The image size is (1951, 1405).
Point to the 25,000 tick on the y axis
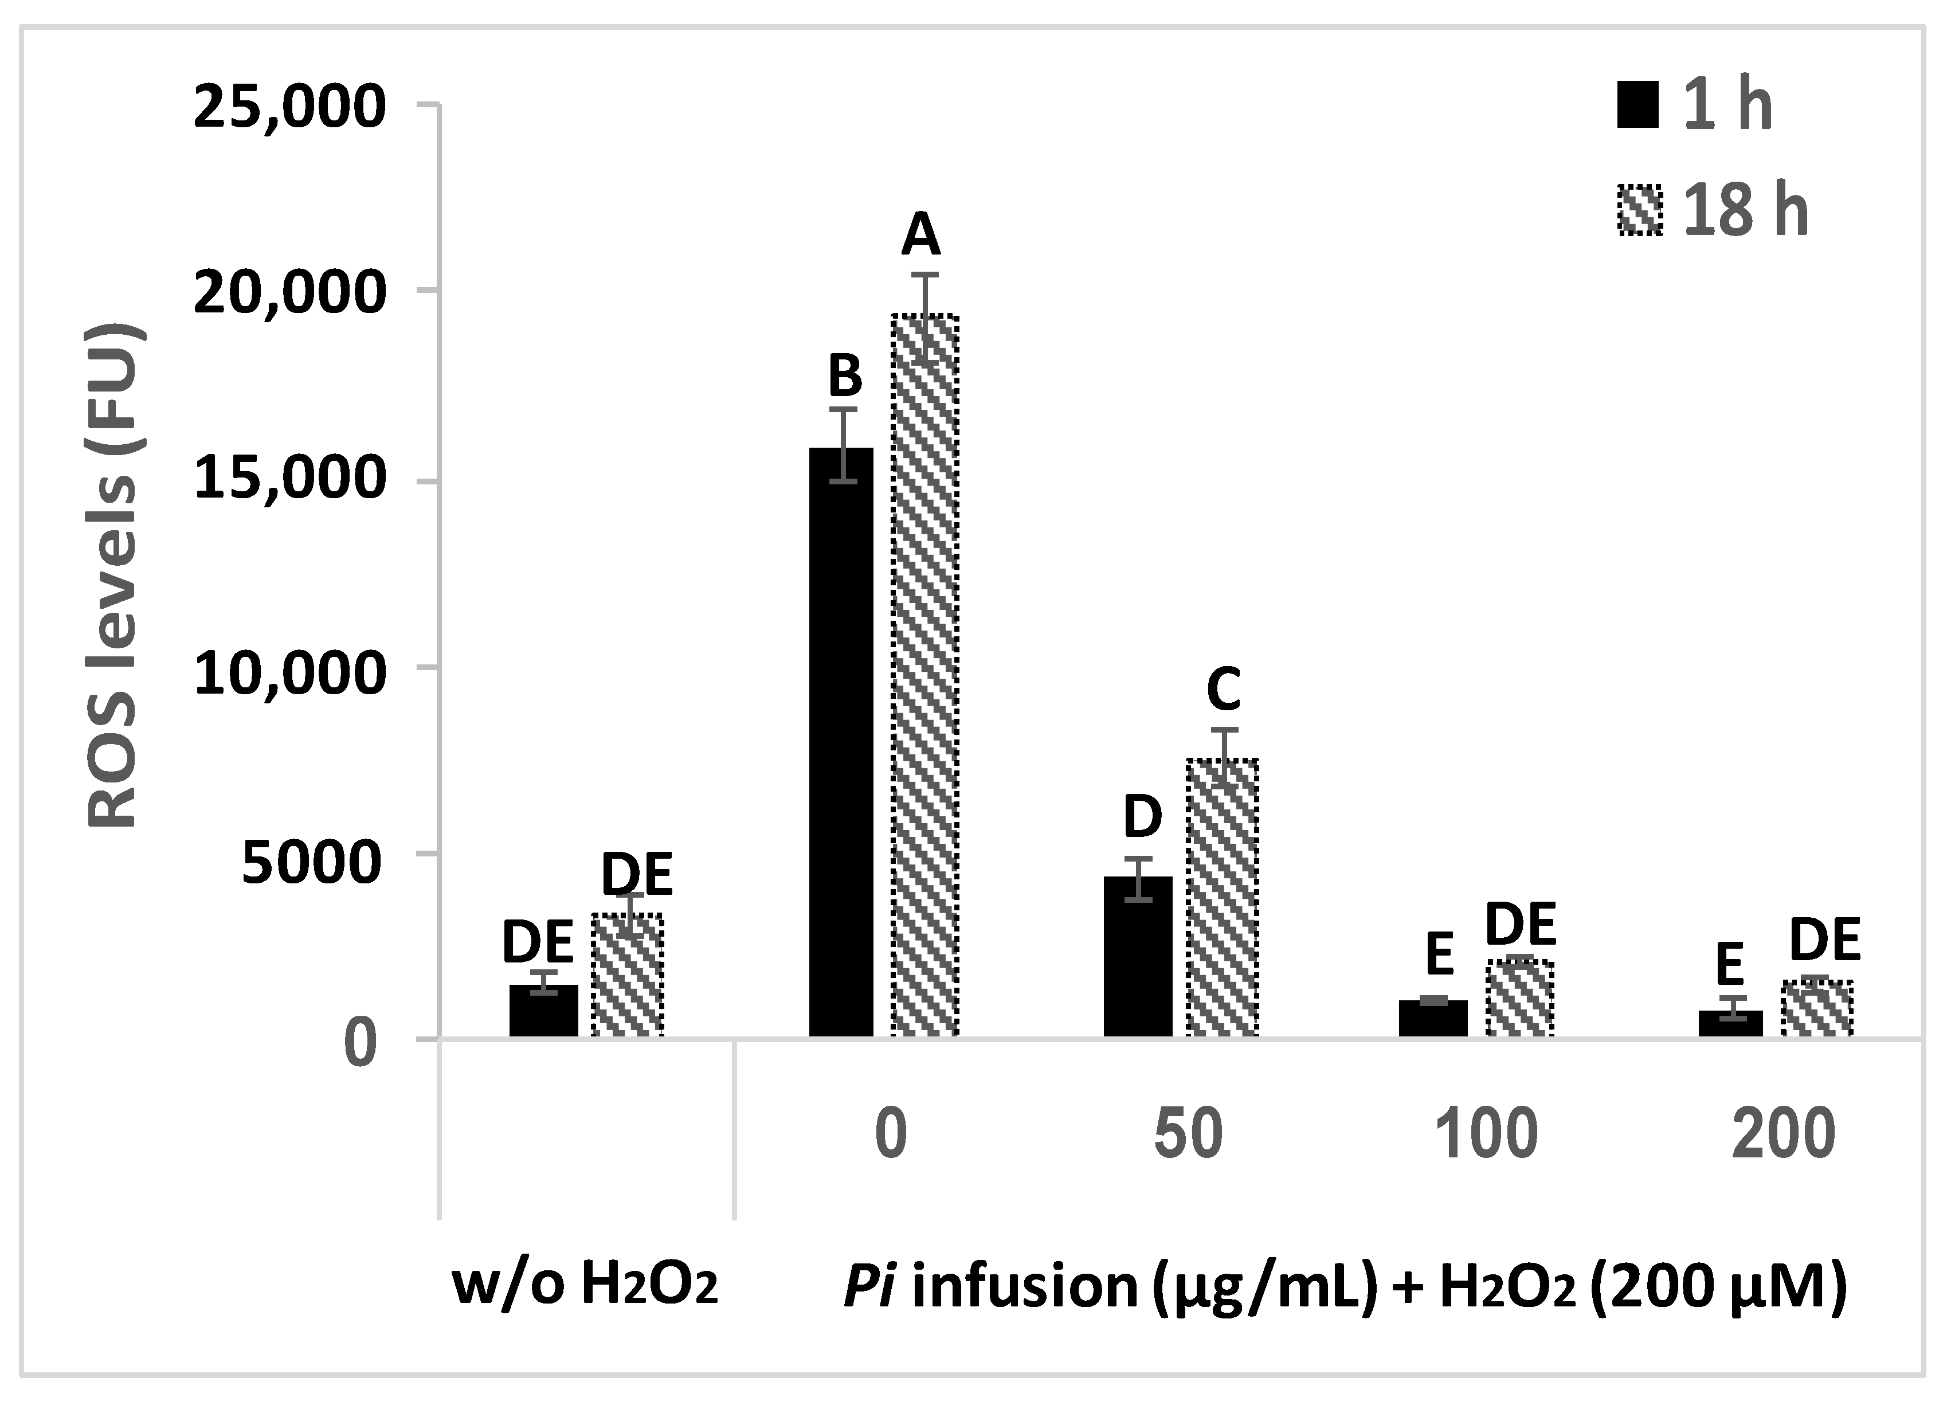coord(289,108)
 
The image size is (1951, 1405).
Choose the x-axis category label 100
coord(1486,1134)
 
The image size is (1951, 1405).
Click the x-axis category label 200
coord(1782,1134)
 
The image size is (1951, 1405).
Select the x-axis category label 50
coord(1188,1134)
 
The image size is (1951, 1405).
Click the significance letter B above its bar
coord(845,376)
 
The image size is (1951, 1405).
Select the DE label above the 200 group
coord(1824,939)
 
